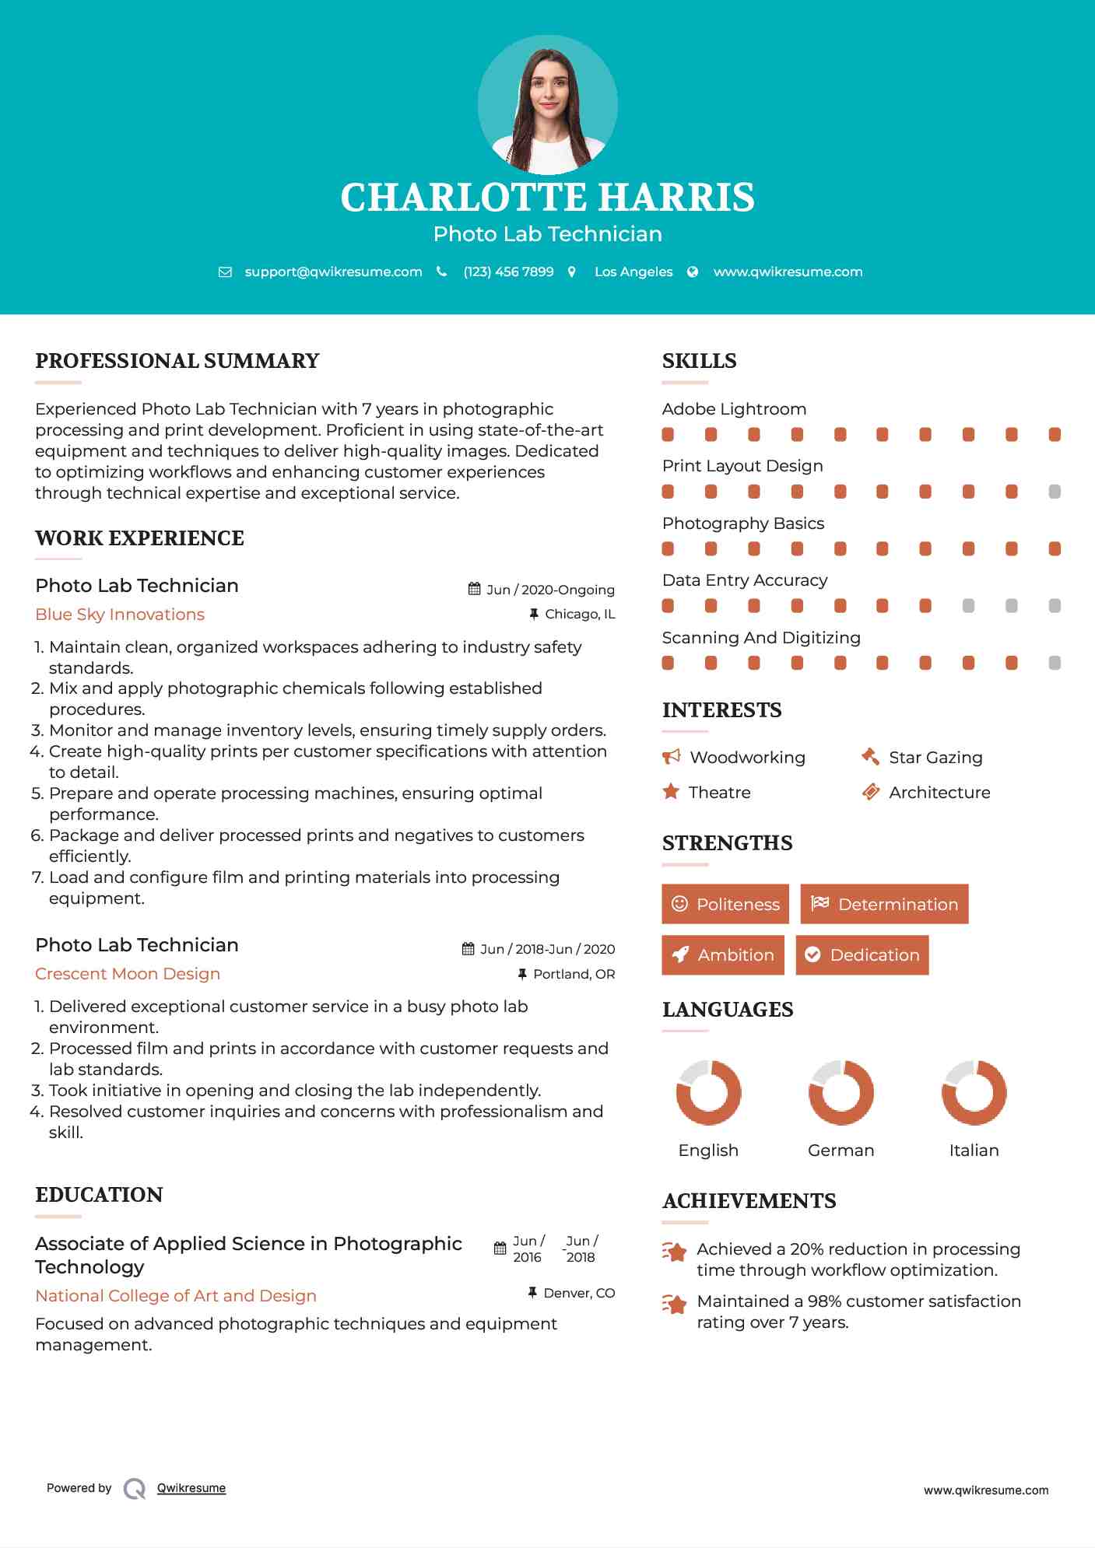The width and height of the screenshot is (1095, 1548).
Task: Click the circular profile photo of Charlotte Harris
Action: [547, 105]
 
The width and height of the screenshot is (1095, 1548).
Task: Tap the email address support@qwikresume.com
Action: [333, 271]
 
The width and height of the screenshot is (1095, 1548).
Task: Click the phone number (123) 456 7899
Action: [508, 271]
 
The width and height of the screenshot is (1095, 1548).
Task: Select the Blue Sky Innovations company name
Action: [120, 615]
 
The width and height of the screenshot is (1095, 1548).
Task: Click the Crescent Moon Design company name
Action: [128, 974]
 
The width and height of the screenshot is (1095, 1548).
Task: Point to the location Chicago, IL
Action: [580, 615]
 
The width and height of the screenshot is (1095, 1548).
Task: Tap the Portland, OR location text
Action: [574, 974]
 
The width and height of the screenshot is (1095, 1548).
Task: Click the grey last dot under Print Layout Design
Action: [1055, 492]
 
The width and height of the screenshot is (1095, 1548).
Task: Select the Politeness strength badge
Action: [725, 904]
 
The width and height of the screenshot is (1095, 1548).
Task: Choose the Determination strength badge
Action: [884, 904]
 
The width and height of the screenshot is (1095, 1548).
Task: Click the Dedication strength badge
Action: [862, 954]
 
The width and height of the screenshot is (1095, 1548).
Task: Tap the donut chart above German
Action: [841, 1092]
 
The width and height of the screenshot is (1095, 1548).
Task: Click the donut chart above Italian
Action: [974, 1092]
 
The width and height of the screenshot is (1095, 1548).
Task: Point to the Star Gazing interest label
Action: [935, 758]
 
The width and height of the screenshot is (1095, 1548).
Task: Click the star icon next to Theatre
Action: [671, 792]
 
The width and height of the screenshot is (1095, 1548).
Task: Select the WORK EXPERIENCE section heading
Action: [139, 538]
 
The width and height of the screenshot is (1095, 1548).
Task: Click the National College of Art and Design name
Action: [176, 1296]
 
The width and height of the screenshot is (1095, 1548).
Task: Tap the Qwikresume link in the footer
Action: [191, 1488]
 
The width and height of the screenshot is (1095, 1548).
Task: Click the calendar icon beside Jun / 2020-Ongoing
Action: [474, 589]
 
